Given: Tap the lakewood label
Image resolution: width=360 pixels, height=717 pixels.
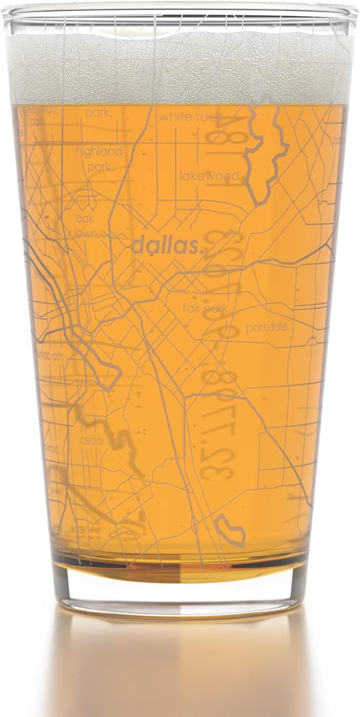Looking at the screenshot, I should point(209,176).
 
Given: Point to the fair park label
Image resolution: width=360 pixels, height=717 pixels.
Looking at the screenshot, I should point(207,308).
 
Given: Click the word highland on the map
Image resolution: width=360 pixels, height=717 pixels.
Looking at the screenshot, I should point(99,152).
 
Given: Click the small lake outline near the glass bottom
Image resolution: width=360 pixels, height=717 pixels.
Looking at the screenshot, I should point(231,530).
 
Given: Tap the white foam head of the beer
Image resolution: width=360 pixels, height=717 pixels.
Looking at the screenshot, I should point(180,69).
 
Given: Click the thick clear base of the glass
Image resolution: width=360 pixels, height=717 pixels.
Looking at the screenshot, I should point(180,591).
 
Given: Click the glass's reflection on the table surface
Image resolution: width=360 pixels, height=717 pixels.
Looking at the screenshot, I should point(180,668).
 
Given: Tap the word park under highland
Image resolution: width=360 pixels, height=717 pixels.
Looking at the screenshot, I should point(101,167).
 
